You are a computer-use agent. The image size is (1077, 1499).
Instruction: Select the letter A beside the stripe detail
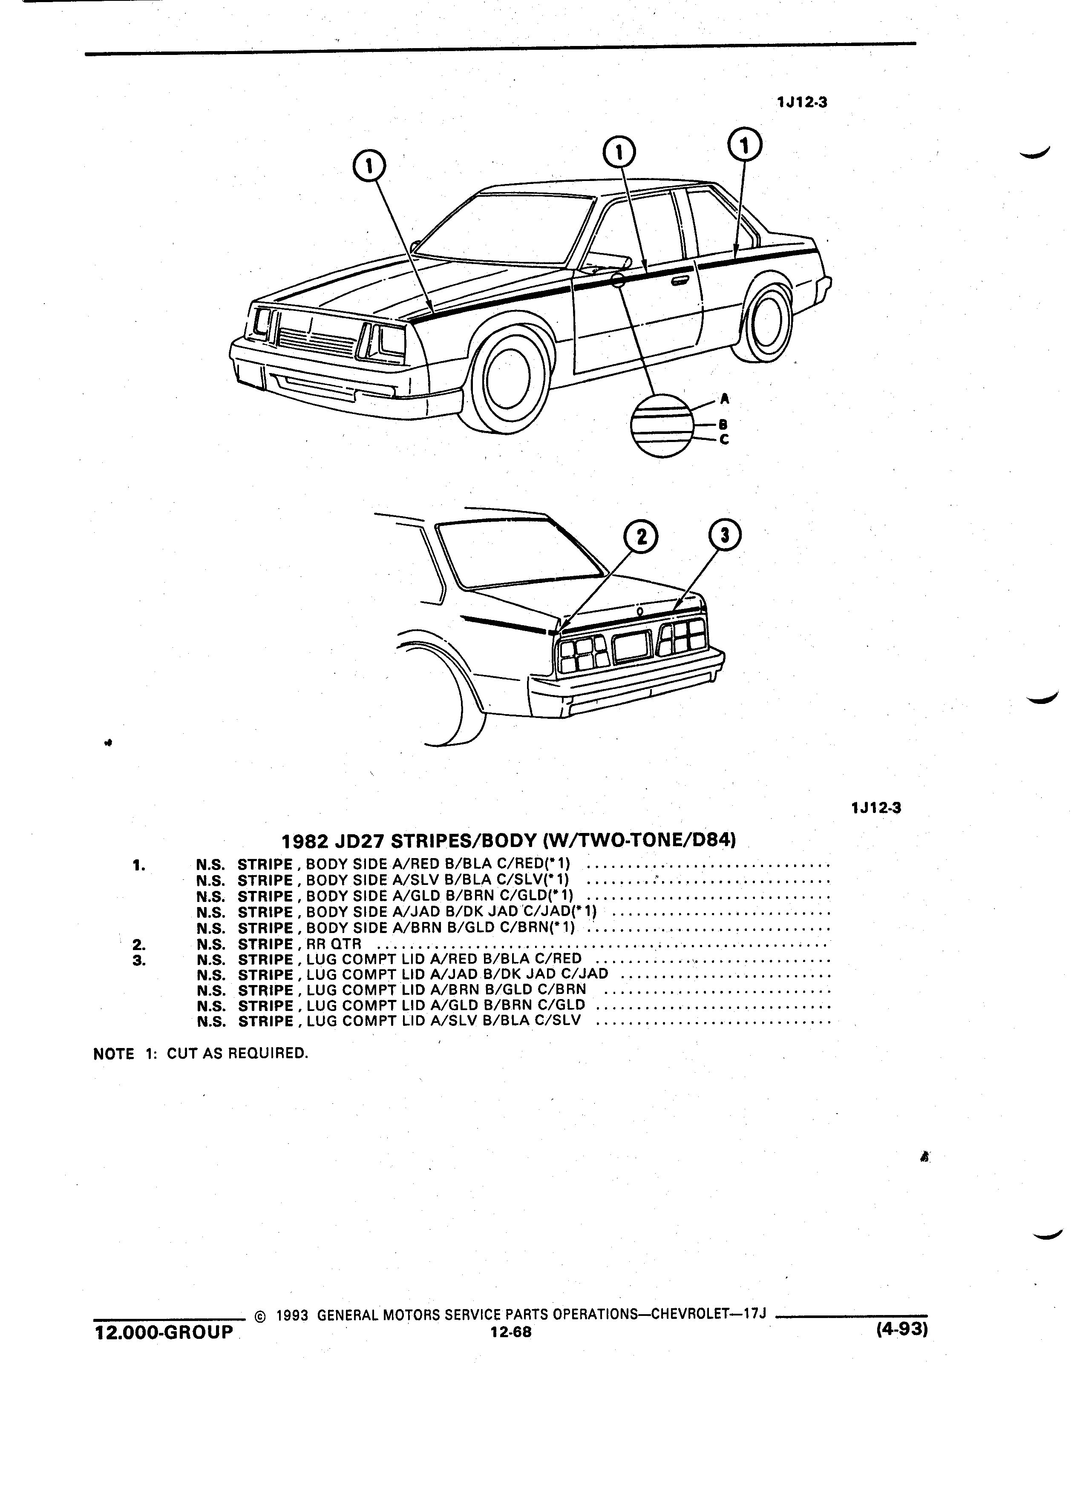(x=725, y=399)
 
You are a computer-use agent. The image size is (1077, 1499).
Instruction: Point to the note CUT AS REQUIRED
(x=237, y=1053)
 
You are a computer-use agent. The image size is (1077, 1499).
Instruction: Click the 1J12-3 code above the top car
(x=803, y=103)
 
